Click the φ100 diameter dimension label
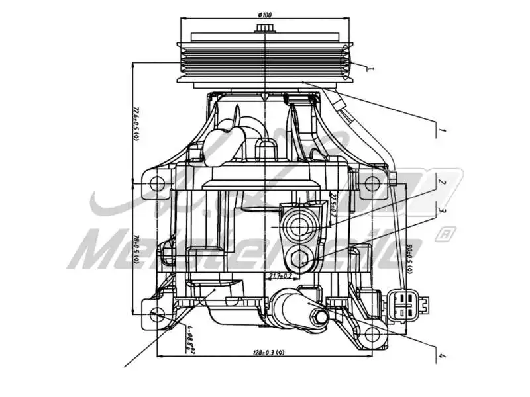[x=265, y=14]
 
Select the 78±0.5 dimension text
[x=135, y=249]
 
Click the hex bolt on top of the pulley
[x=265, y=28]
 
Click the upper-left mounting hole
[x=156, y=181]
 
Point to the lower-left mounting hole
[x=157, y=314]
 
